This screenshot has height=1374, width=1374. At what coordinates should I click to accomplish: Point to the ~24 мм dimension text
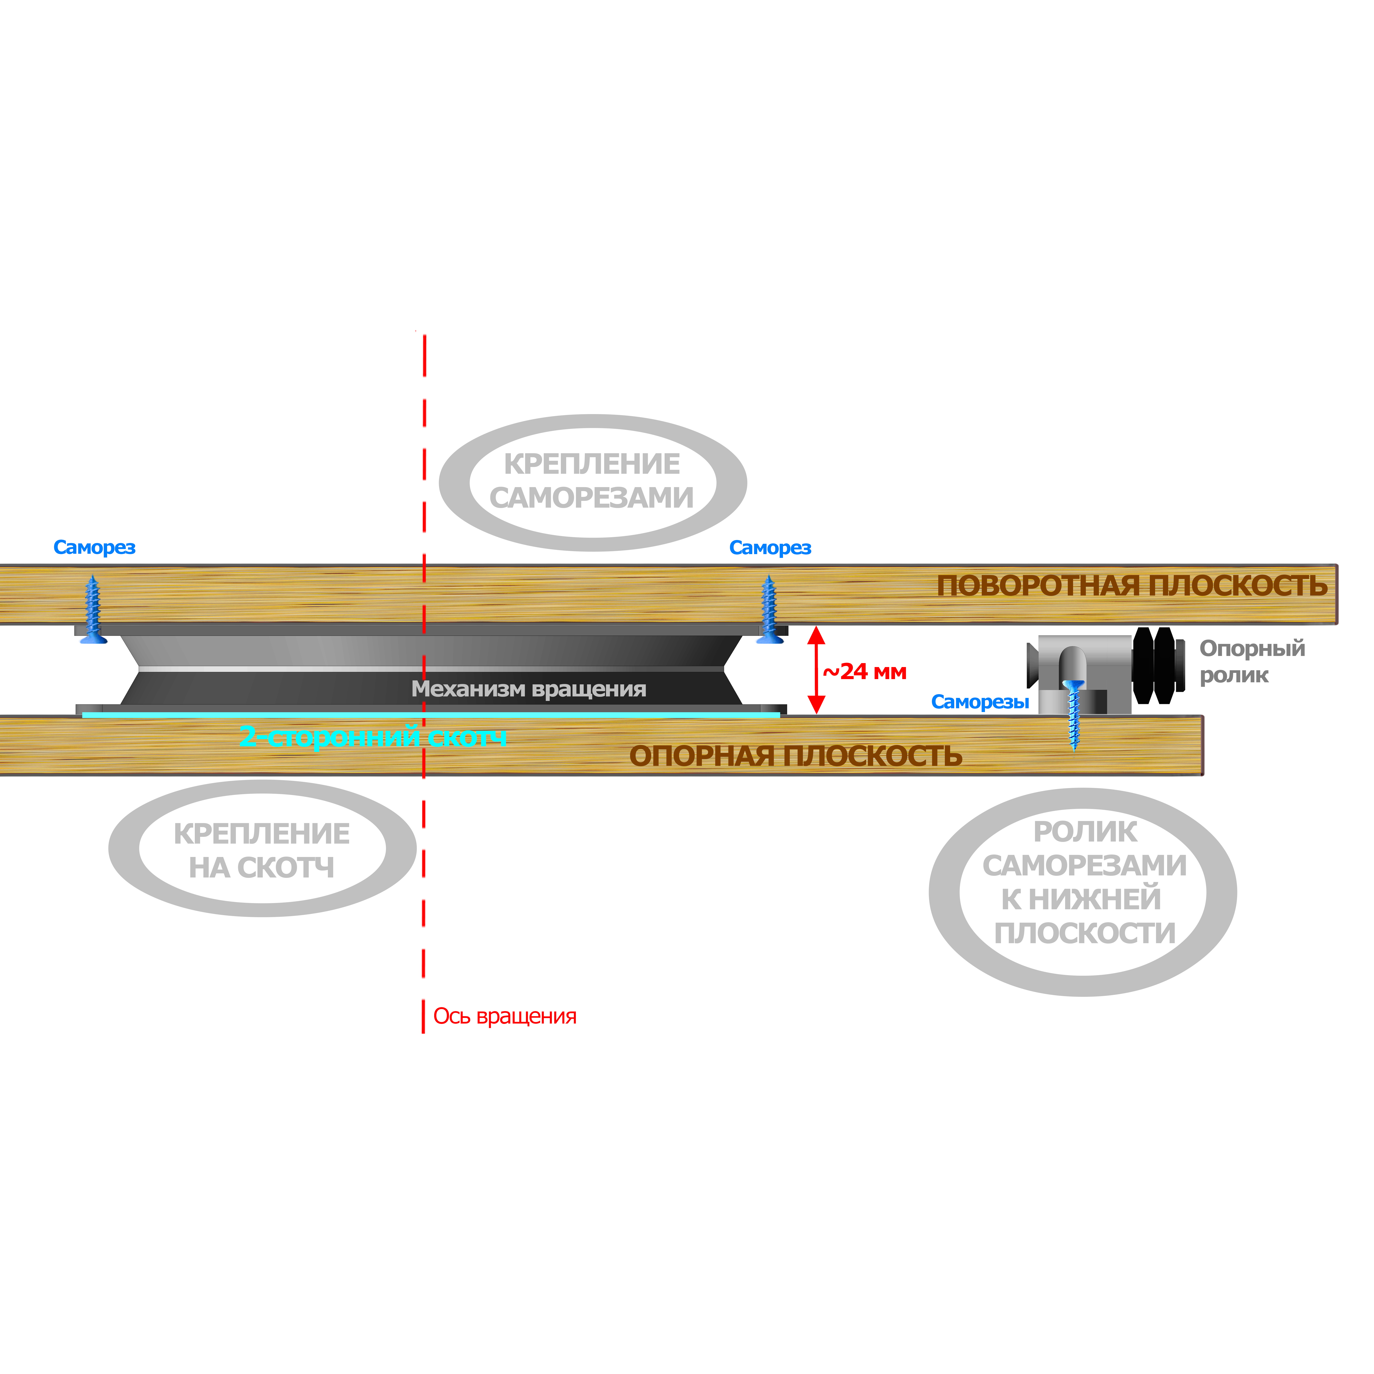tap(865, 672)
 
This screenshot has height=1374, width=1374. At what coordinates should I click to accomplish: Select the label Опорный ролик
tap(1252, 661)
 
